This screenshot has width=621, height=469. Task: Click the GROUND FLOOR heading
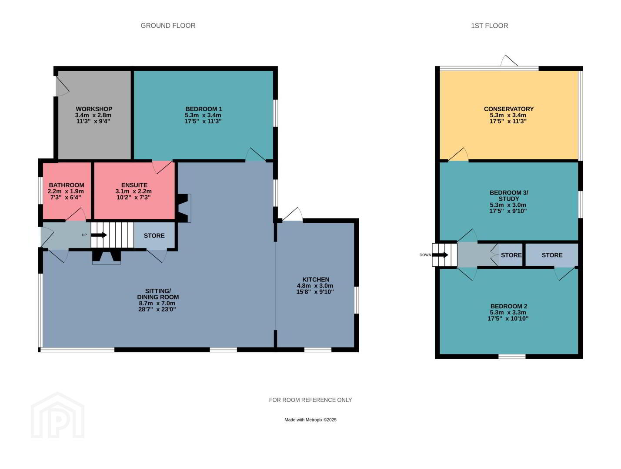[168, 26]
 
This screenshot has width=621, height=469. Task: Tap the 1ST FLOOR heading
[489, 26]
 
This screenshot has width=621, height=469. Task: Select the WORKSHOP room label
[94, 109]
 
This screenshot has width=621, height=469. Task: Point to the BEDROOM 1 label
[204, 109]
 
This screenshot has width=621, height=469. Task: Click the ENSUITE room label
[134, 185]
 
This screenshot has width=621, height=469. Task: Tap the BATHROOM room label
[67, 185]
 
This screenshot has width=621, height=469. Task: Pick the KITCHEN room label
[316, 279]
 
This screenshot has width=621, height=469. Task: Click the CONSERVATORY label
[509, 109]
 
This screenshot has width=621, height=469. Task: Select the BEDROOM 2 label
[509, 306]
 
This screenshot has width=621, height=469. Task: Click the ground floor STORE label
[154, 236]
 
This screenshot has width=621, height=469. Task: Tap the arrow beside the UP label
[99, 235]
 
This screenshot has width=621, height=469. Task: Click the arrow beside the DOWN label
[440, 255]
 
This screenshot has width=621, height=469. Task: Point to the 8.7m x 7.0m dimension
[157, 303]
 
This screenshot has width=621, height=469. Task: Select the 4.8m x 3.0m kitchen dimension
[315, 286]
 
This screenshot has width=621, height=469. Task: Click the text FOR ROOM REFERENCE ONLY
[310, 400]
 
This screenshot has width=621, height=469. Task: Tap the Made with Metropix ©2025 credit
[310, 420]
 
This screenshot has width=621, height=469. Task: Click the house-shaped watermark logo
[58, 415]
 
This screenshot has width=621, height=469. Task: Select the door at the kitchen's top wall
[292, 215]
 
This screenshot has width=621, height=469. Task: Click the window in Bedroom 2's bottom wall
[512, 357]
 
